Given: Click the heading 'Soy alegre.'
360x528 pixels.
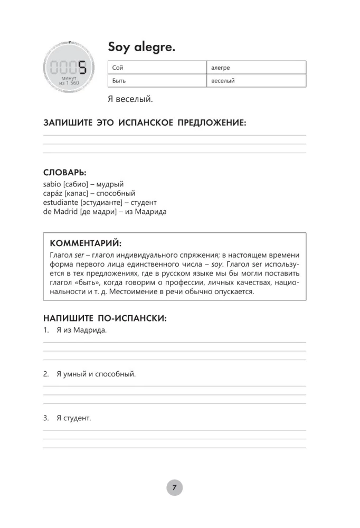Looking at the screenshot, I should pyautogui.click(x=141, y=48).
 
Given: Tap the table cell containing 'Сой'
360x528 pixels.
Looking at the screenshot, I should pyautogui.click(x=157, y=68).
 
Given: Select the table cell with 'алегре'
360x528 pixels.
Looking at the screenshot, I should pyautogui.click(x=255, y=68).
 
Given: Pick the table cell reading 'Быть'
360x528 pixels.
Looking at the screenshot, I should pyautogui.click(x=157, y=81).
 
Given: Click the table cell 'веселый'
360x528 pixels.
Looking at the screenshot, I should pyautogui.click(x=255, y=81).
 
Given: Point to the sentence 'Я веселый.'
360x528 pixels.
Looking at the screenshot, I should pyautogui.click(x=130, y=99).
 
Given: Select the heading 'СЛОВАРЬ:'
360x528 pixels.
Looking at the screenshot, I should pyautogui.click(x=65, y=173).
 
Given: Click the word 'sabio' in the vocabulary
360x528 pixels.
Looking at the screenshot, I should pyautogui.click(x=53, y=184).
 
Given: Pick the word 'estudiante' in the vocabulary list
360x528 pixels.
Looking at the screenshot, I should pyautogui.click(x=60, y=202).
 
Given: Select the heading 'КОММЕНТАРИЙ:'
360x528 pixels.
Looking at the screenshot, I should pyautogui.click(x=85, y=243).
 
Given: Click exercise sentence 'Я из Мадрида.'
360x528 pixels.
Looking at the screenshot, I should pyautogui.click(x=81, y=331).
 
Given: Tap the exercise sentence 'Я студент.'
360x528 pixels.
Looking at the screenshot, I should pyautogui.click(x=74, y=418).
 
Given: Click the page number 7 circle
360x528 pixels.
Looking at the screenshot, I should pyautogui.click(x=174, y=487).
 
